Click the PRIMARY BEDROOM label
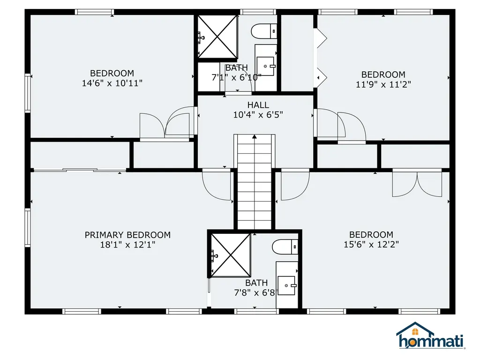(127, 235)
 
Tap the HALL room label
(258, 105)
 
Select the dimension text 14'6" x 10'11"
(112, 83)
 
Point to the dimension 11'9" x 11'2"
(382, 85)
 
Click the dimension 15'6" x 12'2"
(371, 245)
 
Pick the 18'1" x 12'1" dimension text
(127, 245)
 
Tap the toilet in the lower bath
(285, 246)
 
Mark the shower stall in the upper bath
(217, 36)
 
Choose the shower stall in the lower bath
(230, 255)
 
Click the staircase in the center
(254, 183)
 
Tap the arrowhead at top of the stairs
(254, 137)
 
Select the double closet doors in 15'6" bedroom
(417, 183)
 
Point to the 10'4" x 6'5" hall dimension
(258, 115)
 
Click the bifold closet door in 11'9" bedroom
(320, 56)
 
